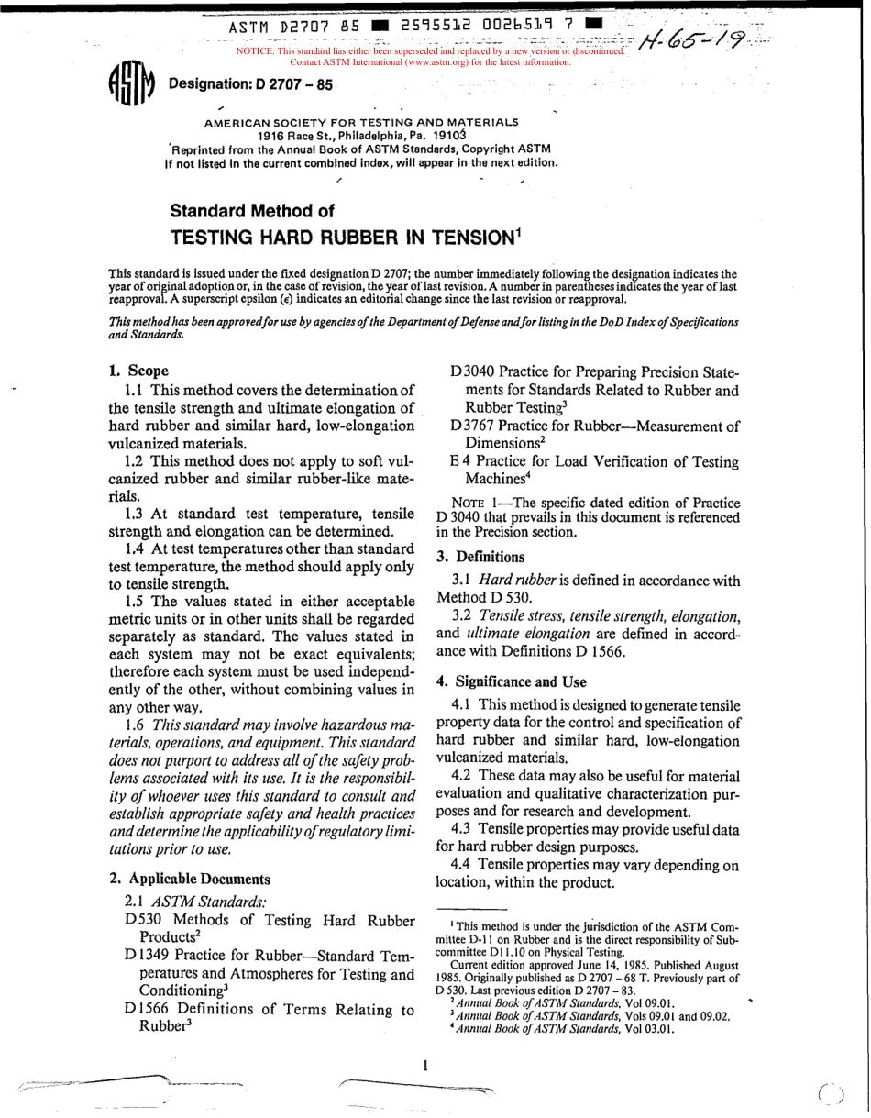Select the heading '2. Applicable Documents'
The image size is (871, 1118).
(190, 878)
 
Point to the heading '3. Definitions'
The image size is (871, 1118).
(480, 556)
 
